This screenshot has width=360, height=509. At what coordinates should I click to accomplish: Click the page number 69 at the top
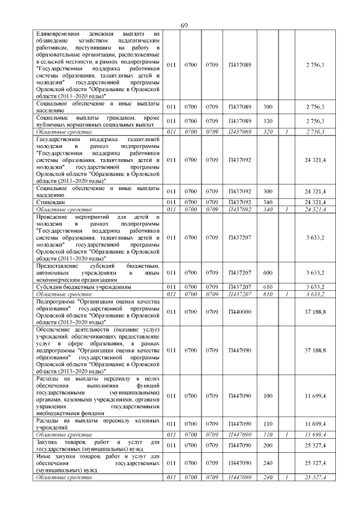(x=183, y=26)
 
